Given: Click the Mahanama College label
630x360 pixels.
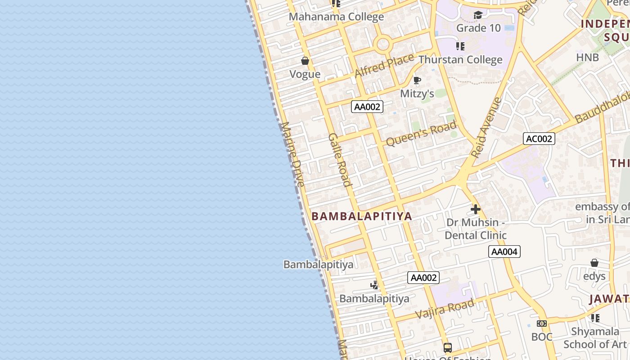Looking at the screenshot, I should tap(336, 17).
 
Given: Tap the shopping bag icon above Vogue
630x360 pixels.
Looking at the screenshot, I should tap(305, 61).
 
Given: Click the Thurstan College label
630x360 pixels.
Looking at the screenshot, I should tap(460, 59).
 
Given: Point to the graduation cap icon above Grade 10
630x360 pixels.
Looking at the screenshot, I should tap(478, 16).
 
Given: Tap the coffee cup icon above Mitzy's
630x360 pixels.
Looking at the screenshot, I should tap(417, 81).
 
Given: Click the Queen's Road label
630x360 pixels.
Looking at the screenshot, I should tap(421, 134).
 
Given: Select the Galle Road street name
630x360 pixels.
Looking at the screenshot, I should tap(340, 159).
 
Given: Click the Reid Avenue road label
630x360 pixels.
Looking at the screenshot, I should tap(486, 128).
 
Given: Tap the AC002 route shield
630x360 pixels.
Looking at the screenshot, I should tap(539, 139).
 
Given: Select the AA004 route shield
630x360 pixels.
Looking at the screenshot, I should tap(504, 252).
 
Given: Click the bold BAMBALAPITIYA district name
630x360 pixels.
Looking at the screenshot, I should tap(362, 216).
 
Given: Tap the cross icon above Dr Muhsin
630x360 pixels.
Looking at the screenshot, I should tap(476, 209).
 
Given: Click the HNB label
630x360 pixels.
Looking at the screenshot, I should tap(588, 57).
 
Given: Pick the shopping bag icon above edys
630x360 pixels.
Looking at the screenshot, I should tap(594, 263).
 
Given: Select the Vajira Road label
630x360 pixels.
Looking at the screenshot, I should tap(445, 309).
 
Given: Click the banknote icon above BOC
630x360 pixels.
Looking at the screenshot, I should tap(542, 324).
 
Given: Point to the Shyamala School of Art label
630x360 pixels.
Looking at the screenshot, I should tap(595, 337).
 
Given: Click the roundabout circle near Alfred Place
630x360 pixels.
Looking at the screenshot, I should tap(383, 44).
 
